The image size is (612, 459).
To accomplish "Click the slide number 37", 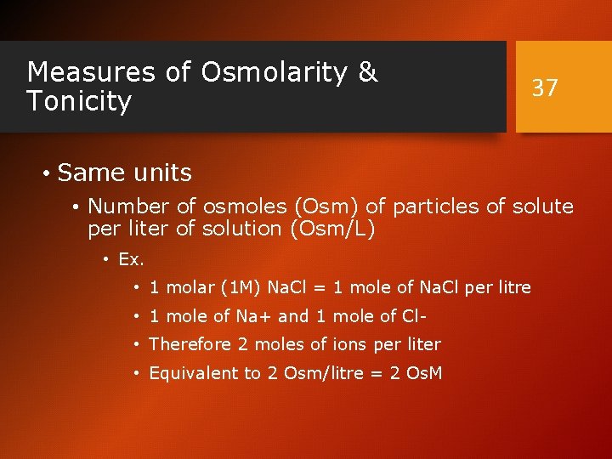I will [545, 88].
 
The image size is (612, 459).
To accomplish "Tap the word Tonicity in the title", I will [79, 102].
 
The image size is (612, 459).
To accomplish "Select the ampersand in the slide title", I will [368, 73].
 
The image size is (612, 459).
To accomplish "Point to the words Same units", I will [125, 173].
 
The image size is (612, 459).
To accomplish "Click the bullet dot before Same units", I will [46, 174].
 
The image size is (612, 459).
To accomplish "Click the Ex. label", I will [131, 259].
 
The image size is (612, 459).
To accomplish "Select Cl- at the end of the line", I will [414, 316].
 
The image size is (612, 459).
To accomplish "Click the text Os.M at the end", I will [423, 373].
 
